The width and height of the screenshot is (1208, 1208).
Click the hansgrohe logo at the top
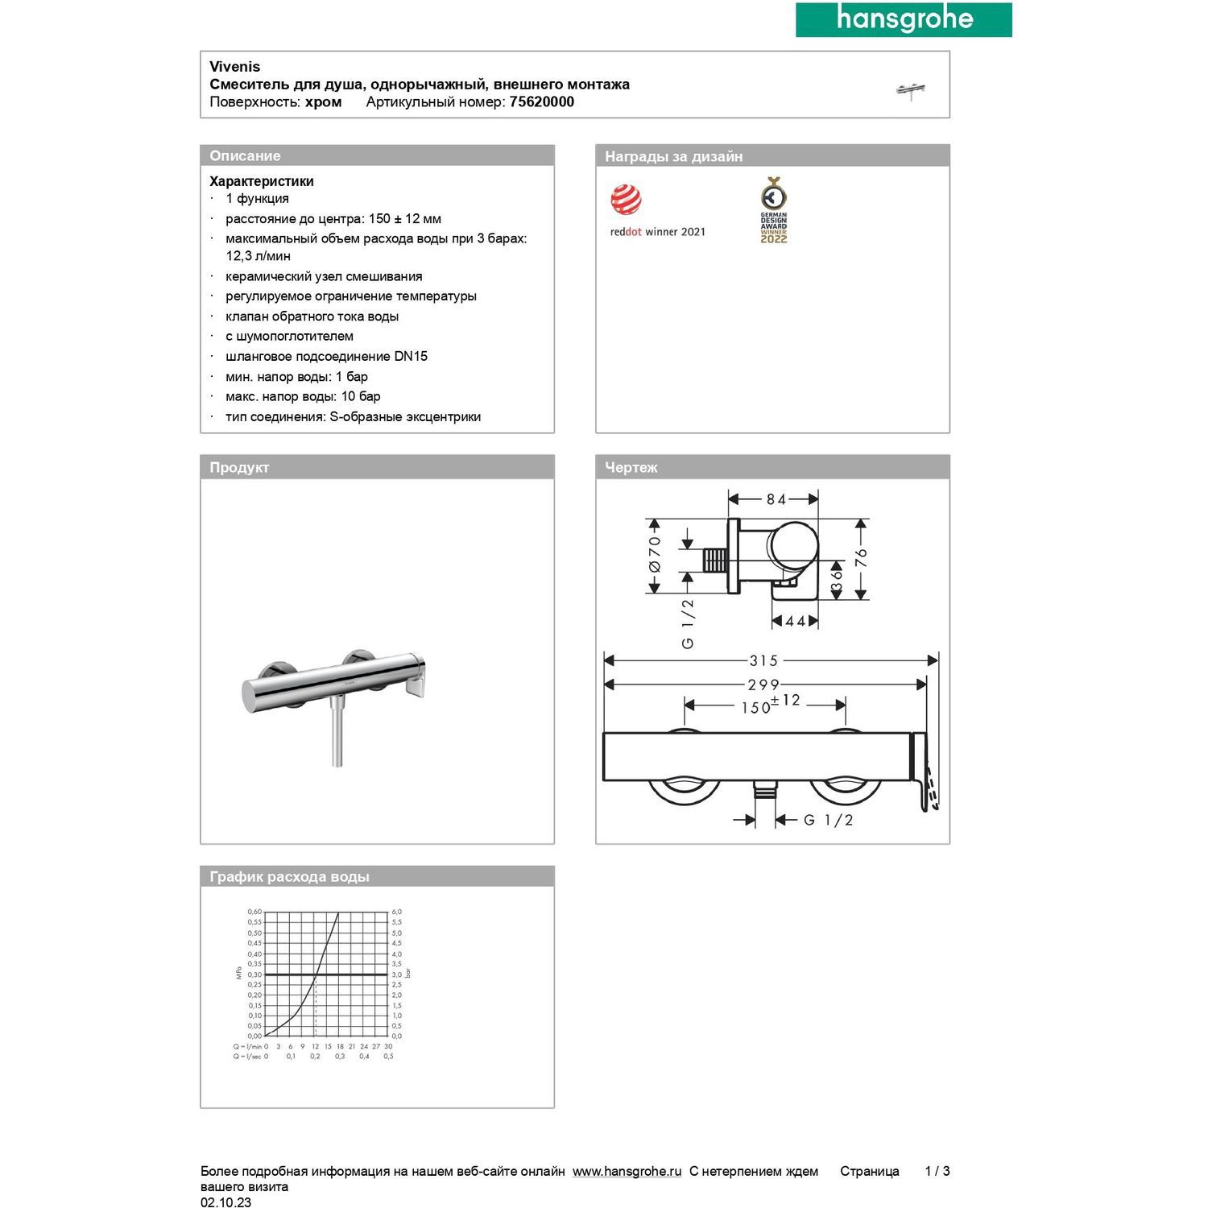[x=904, y=19]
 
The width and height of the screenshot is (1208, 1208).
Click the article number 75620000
[x=541, y=102]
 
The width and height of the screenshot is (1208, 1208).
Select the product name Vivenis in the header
[x=234, y=67]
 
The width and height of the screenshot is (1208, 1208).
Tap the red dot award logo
[x=626, y=200]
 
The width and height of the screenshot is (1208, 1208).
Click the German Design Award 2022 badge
[x=773, y=210]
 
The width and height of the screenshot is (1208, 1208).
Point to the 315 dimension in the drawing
[x=763, y=661]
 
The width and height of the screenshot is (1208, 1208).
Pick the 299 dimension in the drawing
[x=763, y=685]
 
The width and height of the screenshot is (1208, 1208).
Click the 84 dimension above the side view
[x=776, y=499]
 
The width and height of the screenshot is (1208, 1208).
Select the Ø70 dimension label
[x=655, y=554]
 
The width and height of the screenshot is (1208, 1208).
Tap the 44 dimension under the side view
[x=795, y=621]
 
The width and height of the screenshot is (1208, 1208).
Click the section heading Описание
[x=245, y=156]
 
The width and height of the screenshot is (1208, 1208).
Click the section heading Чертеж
[x=631, y=467]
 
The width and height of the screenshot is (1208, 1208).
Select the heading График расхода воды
[x=289, y=876]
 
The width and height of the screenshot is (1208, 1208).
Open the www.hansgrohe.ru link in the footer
[x=627, y=1171]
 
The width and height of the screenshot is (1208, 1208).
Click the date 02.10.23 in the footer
[x=225, y=1202]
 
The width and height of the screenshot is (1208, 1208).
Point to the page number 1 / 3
[x=937, y=1171]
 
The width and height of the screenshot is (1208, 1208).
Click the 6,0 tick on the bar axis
[x=396, y=912]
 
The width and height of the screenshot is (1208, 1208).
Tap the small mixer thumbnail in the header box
[x=911, y=90]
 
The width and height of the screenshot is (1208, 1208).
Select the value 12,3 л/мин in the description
[x=258, y=256]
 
